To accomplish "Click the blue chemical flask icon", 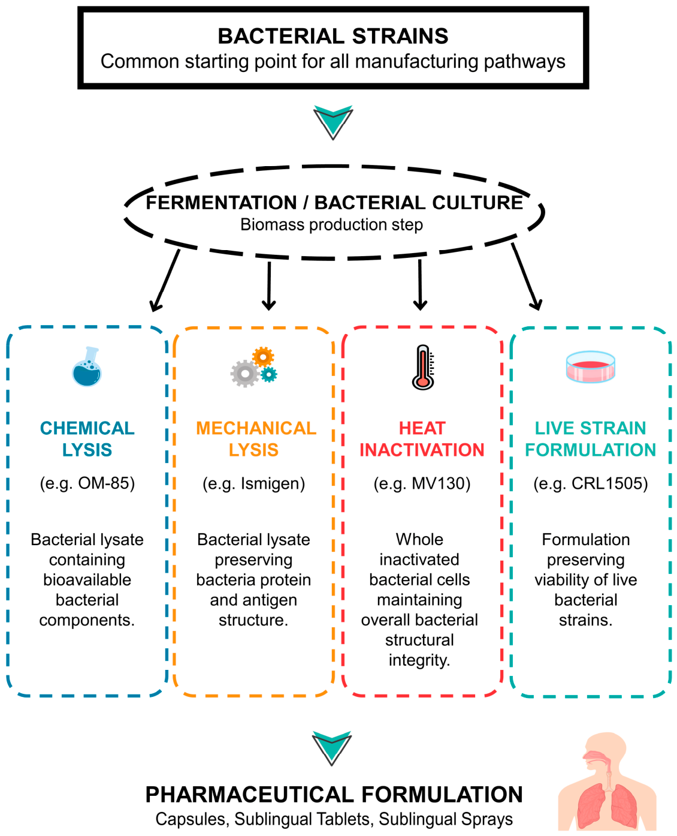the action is tap(87, 366).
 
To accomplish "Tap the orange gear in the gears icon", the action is tap(263, 357).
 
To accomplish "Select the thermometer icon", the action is tap(423, 367).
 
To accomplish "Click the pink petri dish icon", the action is tap(590, 367).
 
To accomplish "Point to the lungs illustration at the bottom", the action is tap(607, 781).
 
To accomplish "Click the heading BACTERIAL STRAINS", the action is tap(333, 36).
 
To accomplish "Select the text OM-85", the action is tap(104, 483).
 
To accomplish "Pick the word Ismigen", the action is tap(270, 483).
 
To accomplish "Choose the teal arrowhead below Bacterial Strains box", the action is tap(333, 122).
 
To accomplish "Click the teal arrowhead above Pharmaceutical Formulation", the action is tap(332, 748).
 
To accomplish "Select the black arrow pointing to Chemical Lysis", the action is tap(165, 280).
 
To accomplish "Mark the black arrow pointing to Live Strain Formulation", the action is tap(526, 276).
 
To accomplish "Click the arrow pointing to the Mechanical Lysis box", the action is tap(269, 285).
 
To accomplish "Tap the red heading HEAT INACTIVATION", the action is tap(422, 439).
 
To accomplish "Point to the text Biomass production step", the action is tap(332, 225).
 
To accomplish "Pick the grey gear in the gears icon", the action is tap(245, 373).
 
